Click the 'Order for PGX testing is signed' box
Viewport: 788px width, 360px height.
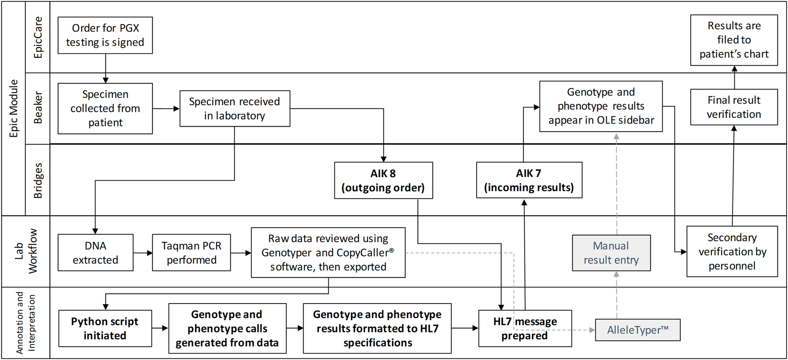pyautogui.click(x=105, y=36)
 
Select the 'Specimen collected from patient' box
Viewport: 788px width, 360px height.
pyautogui.click(x=105, y=108)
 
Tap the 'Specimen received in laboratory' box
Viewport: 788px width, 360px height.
pyautogui.click(x=235, y=108)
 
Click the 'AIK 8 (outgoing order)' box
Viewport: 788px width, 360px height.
pyautogui.click(x=383, y=180)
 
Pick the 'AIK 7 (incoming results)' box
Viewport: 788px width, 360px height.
pyautogui.click(x=529, y=180)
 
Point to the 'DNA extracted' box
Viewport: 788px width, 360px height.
pyautogui.click(x=96, y=253)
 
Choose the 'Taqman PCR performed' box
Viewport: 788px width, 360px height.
pyautogui.click(x=191, y=253)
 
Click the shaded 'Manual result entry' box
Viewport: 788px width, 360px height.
pyautogui.click(x=611, y=253)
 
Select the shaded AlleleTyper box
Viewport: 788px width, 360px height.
pyautogui.click(x=638, y=330)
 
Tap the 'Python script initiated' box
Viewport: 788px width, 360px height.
pyautogui.click(x=105, y=328)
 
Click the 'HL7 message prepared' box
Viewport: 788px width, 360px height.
pyautogui.click(x=525, y=328)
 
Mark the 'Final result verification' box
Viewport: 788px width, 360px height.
pyautogui.click(x=734, y=107)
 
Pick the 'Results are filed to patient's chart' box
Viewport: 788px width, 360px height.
pyautogui.click(x=734, y=40)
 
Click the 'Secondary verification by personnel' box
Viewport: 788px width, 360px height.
pyautogui.click(x=732, y=252)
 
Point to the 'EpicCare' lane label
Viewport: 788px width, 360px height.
pyautogui.click(x=38, y=37)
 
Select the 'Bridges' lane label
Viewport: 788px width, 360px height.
pyautogui.click(x=38, y=180)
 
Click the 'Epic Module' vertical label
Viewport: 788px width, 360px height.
pyautogui.click(x=14, y=108)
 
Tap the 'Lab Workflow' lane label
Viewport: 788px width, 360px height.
pyautogui.click(x=26, y=252)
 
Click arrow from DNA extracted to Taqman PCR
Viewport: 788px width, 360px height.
pyautogui.click(x=143, y=253)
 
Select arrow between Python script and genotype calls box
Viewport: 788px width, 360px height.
pyautogui.click(x=160, y=328)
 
